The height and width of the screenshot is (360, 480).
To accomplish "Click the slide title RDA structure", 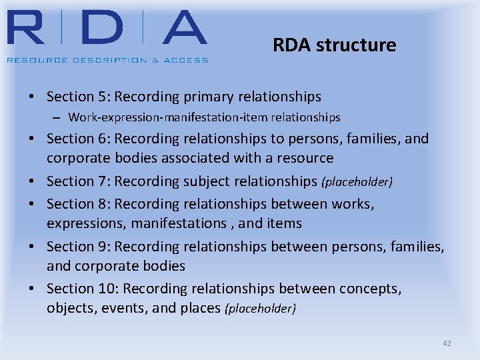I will (334, 45).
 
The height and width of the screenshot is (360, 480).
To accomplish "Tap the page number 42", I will (447, 343).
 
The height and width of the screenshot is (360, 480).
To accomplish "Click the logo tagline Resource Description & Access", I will (107, 60).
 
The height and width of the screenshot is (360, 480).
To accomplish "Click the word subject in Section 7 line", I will (210, 181).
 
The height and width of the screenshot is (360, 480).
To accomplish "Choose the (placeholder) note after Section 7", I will (357, 181).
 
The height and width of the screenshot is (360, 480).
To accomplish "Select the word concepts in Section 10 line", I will (370, 288).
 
